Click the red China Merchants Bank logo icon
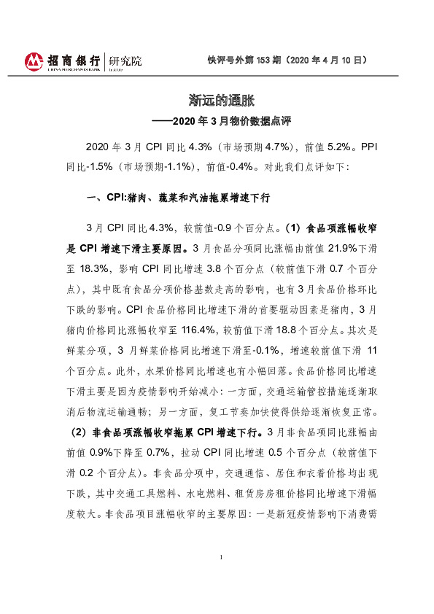(32, 61)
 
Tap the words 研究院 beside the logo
(125, 61)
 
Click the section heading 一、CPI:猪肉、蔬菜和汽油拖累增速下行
(179, 198)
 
